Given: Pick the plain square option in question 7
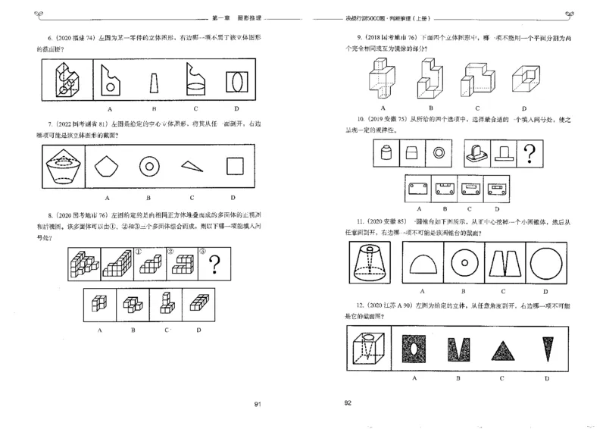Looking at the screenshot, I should coord(235,167).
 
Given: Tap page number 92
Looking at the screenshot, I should coord(348,403).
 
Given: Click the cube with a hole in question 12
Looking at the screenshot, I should coord(367,349).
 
